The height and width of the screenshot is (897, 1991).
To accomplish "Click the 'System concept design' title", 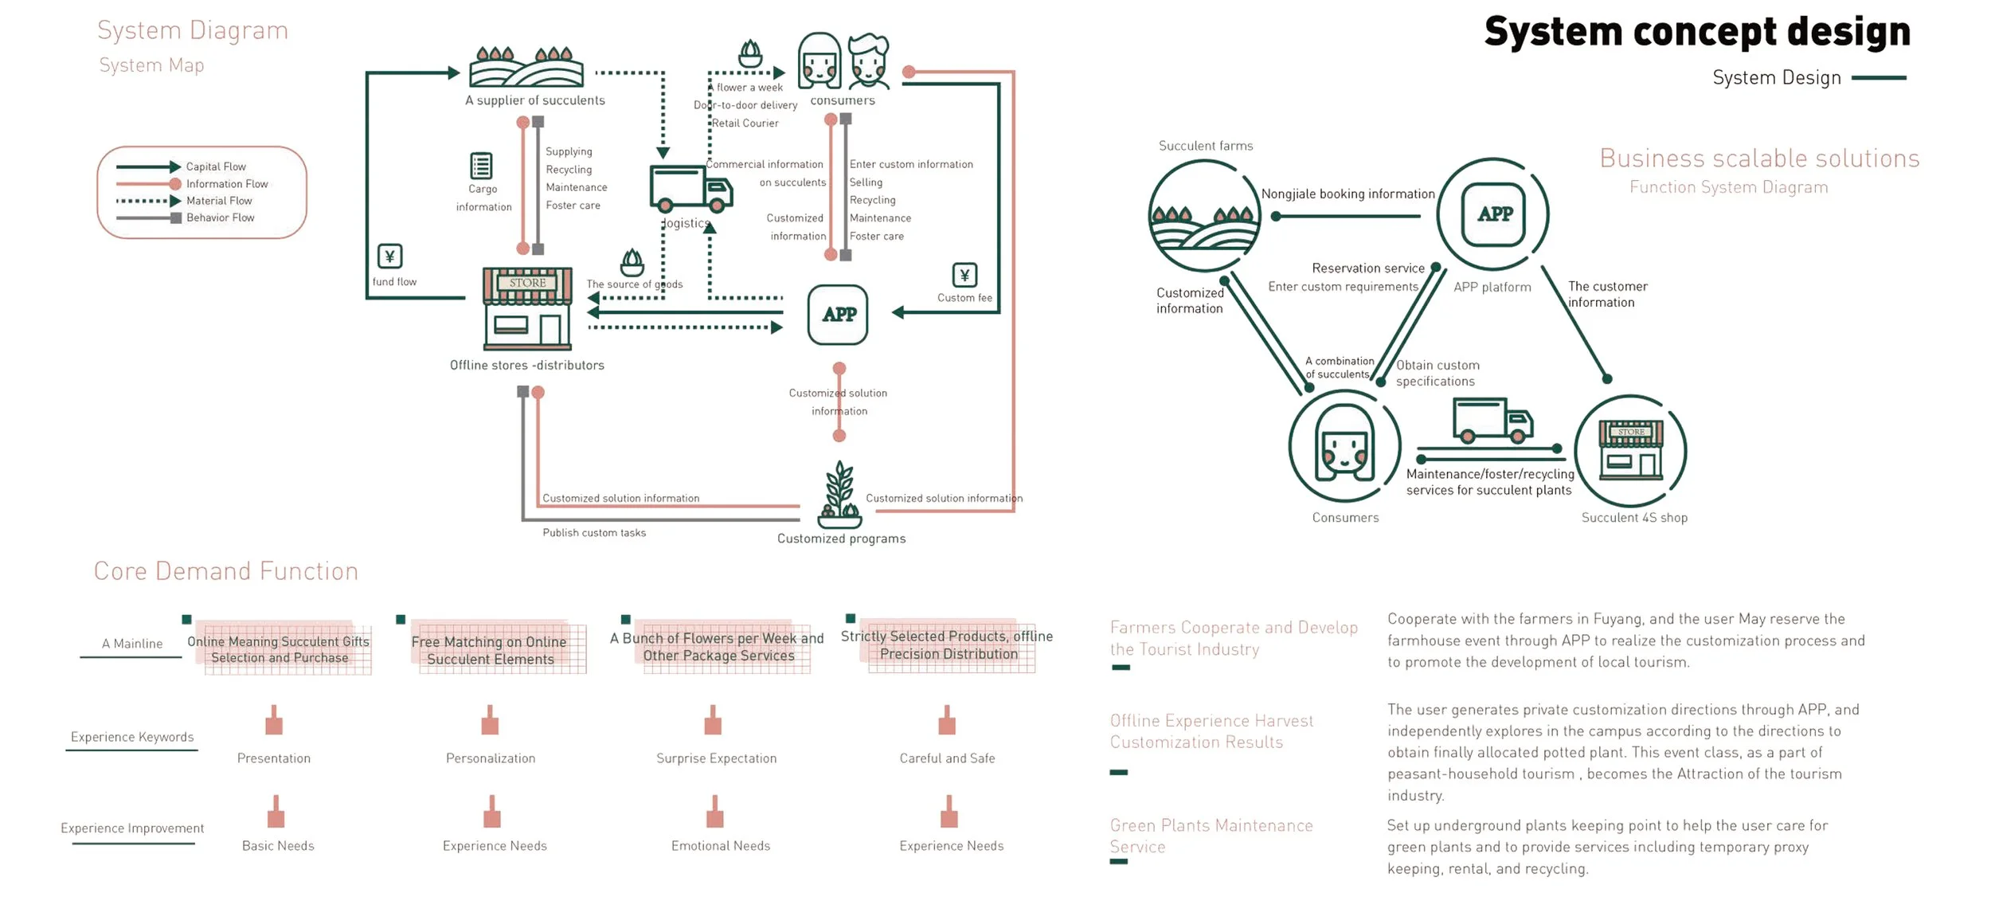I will [1696, 32].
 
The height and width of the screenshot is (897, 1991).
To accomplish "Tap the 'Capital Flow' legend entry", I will [215, 166].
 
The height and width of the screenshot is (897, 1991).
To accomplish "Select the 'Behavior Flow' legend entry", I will [220, 217].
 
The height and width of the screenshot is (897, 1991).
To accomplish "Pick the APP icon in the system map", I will [838, 315].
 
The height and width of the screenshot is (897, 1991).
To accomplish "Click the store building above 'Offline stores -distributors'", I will [527, 309].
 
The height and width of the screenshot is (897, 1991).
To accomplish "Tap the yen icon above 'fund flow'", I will [389, 257].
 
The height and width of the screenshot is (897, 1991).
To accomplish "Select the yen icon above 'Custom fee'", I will [964, 276].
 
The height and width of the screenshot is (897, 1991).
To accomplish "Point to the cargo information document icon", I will [481, 166].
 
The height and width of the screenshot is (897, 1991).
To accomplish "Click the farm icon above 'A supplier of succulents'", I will [526, 67].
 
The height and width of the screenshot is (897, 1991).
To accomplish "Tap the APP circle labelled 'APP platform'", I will [1493, 214].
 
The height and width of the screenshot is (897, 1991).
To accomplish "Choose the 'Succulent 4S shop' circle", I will [1630, 451].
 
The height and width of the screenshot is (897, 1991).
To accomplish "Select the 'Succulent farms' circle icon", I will [1204, 215].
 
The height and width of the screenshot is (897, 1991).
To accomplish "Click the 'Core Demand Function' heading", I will [226, 571].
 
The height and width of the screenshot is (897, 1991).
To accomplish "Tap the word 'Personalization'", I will [491, 758].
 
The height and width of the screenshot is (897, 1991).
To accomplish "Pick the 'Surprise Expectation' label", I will [716, 758].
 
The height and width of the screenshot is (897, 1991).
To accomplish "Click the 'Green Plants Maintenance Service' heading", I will [1211, 836].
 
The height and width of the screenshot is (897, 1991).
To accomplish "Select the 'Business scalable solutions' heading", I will [1759, 159].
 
